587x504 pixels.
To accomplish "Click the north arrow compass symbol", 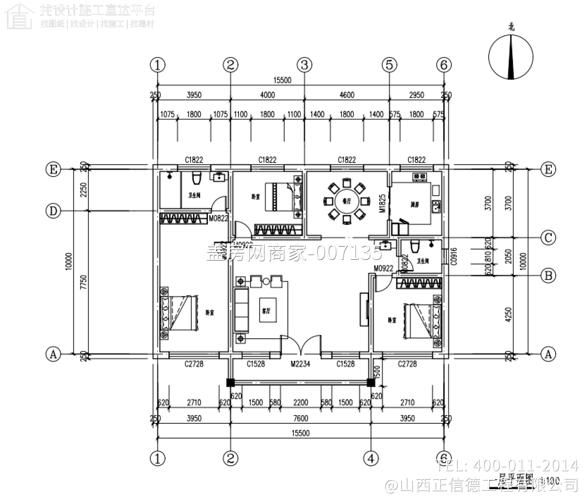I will coord(511,57).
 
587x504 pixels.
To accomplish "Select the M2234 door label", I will coord(300,364).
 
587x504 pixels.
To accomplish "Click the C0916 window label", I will coord(454,257).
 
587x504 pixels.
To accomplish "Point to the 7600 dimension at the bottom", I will coord(300,418).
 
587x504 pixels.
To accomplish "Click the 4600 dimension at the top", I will coord(347,95).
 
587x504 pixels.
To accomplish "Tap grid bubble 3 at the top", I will coord(304,65).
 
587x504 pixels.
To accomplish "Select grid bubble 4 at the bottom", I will coord(371,458).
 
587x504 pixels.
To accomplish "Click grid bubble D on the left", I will coord(53,211).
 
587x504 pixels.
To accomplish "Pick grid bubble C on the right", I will coord(548,238).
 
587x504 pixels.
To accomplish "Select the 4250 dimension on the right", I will coord(508,315).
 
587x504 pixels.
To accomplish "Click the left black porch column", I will coord(230,382).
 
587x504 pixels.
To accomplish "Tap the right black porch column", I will coord(370,382).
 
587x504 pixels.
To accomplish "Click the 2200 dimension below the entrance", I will coord(300,403).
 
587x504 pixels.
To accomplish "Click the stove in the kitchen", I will coord(420,177).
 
